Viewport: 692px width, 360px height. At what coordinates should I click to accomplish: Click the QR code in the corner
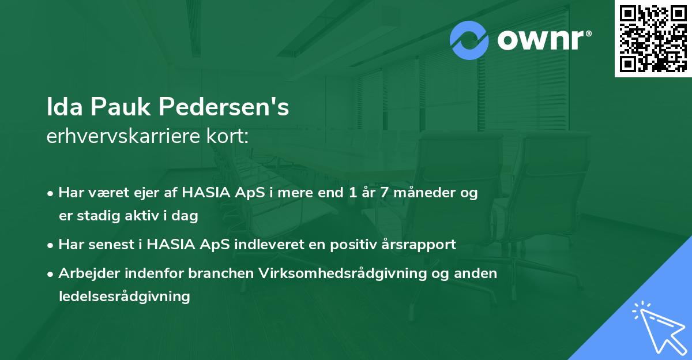653,39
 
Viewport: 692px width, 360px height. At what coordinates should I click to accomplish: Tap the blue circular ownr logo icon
469,40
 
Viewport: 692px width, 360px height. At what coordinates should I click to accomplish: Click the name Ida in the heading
63,107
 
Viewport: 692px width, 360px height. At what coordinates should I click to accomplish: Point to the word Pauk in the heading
120,107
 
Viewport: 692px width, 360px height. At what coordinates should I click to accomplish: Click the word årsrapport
424,244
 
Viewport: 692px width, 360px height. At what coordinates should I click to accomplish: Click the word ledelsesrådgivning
124,296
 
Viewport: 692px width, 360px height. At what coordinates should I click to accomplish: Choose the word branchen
223,273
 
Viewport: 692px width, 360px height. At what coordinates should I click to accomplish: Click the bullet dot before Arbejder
51,273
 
